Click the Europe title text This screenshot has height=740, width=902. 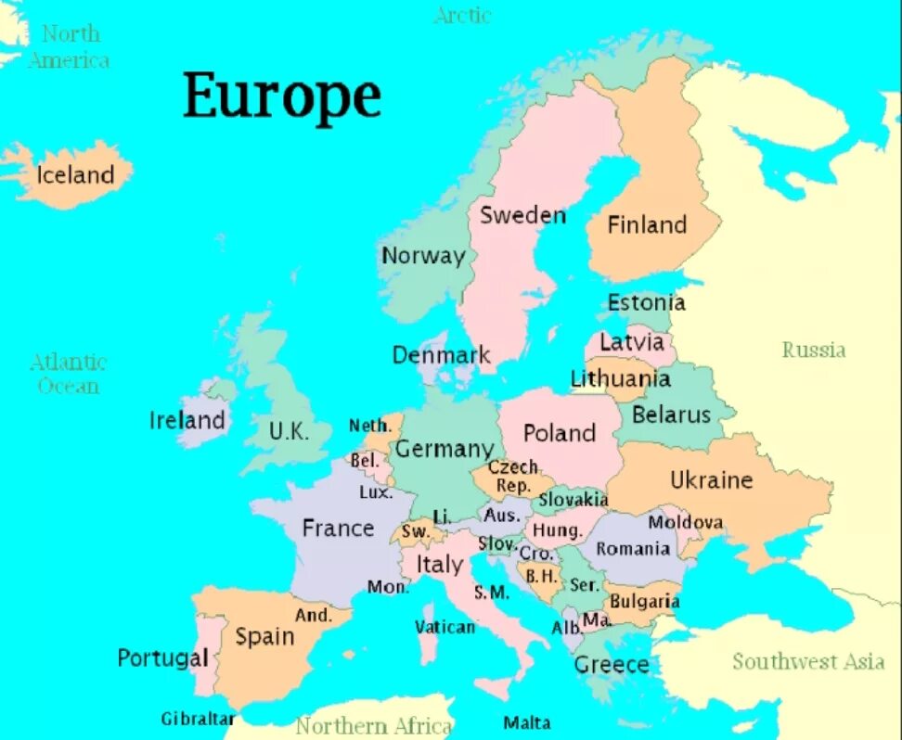pos(282,96)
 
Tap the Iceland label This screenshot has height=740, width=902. pos(75,174)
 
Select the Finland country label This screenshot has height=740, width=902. pos(647,224)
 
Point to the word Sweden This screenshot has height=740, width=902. pos(522,215)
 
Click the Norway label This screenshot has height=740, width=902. pos(423,256)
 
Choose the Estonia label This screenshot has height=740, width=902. pos(647,302)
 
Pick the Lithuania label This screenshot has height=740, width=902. pos(620,378)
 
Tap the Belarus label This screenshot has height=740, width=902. pos(671,415)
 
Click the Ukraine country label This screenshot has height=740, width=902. pos(712,480)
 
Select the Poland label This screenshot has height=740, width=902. pos(559,433)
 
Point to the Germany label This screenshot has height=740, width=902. pos(445,449)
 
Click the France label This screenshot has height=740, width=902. pos(338,529)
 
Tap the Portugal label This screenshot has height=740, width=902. pos(162,658)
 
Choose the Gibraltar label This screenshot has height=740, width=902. pos(198,719)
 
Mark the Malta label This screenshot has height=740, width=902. pos(527,722)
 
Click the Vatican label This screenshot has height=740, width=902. pos(445,627)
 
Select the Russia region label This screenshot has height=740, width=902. pos(814,350)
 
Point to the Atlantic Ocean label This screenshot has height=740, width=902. pos(69,374)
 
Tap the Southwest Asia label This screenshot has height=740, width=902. pos(808,661)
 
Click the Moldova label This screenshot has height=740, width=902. pos(685,522)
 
